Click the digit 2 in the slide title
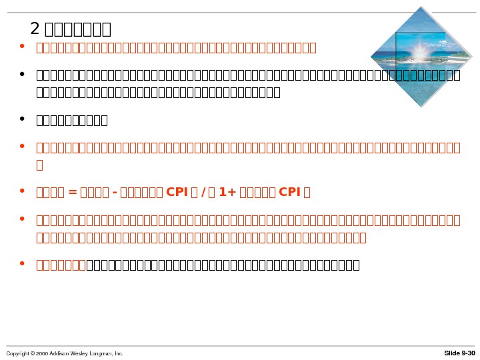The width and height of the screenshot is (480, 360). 35,29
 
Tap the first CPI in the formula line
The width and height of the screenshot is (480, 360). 177,193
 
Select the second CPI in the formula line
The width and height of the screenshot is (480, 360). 290,193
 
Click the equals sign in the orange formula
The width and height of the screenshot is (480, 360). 73,193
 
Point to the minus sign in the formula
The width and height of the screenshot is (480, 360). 116,193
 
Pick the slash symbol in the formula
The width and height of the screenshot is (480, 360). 202,193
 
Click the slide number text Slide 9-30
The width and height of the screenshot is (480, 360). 460,353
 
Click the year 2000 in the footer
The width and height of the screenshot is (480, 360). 41,353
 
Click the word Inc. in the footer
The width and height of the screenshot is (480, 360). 119,353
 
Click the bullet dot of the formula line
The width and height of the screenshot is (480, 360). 23,191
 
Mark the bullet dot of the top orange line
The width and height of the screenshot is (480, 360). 23,47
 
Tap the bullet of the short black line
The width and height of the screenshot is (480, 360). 23,119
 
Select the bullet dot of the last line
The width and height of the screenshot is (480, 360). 23,264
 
